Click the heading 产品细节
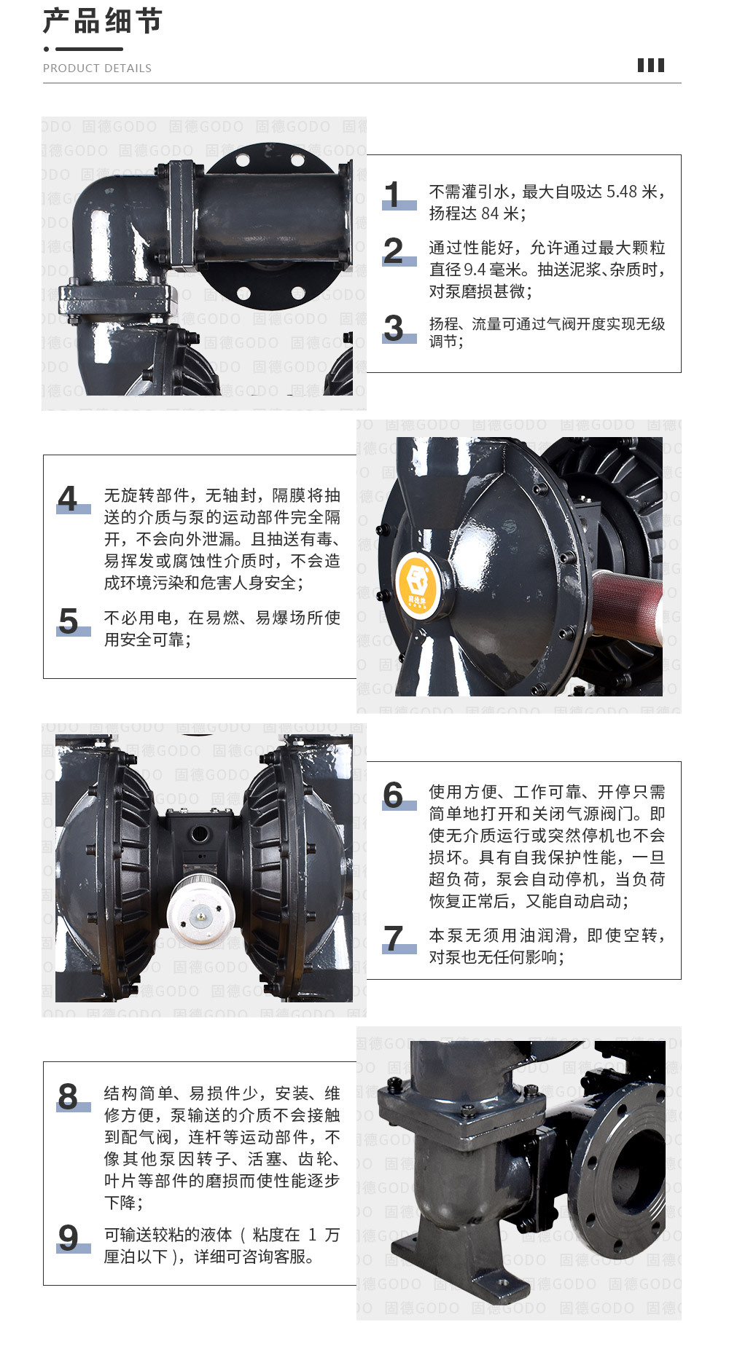(x=103, y=20)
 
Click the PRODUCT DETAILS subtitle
(x=97, y=68)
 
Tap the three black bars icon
(x=651, y=66)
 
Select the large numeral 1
(x=393, y=194)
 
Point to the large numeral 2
(x=393, y=251)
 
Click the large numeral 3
(x=394, y=328)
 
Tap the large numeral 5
(x=69, y=621)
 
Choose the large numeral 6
(x=394, y=795)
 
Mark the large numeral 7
(x=394, y=938)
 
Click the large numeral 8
(x=68, y=1096)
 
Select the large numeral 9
(x=69, y=1238)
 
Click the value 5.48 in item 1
(x=622, y=192)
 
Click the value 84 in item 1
(x=490, y=213)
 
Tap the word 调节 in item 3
(x=443, y=342)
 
